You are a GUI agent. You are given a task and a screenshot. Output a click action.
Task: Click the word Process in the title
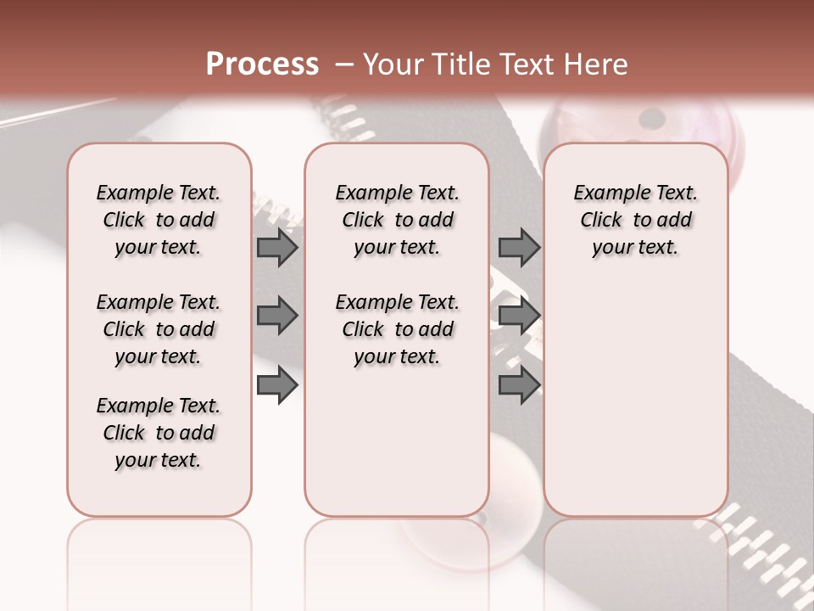point(262,64)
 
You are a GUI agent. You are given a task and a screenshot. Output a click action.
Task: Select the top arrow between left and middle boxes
point(277,247)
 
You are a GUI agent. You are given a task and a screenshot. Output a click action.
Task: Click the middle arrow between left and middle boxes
point(277,316)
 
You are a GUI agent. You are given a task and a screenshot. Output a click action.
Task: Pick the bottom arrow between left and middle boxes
point(277,384)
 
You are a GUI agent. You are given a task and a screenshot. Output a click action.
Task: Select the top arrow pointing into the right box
point(519,247)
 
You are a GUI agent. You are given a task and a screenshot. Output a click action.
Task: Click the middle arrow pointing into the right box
point(519,316)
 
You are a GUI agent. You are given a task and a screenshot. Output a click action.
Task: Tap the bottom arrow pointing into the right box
point(519,384)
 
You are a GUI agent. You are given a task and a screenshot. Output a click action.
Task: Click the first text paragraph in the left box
point(159,220)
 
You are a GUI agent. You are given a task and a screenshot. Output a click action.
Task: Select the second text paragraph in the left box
point(159,329)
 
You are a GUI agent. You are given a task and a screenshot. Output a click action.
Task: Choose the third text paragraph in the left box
point(159,433)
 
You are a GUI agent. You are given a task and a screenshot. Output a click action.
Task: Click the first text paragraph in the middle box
point(397,220)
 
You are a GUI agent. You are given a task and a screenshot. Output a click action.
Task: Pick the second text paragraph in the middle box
point(397,329)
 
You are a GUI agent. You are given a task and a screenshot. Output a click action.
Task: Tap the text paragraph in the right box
point(635,220)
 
